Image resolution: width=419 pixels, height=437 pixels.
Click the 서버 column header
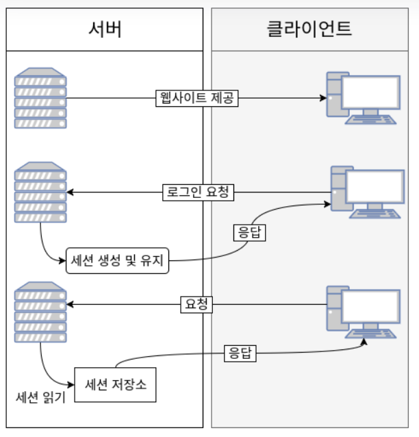(x=105, y=29)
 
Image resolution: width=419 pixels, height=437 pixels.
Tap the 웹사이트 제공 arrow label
(x=196, y=98)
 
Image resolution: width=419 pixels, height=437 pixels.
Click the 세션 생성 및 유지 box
(x=117, y=260)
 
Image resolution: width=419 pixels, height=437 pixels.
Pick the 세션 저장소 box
(x=115, y=386)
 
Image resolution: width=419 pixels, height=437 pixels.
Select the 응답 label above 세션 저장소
(x=240, y=353)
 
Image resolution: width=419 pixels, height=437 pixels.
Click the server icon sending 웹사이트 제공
(x=41, y=98)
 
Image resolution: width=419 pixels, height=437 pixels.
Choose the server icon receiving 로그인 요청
(x=41, y=192)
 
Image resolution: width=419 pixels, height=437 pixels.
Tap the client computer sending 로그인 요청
(x=366, y=192)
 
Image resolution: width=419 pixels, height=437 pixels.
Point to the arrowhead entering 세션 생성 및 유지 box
(x=63, y=260)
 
